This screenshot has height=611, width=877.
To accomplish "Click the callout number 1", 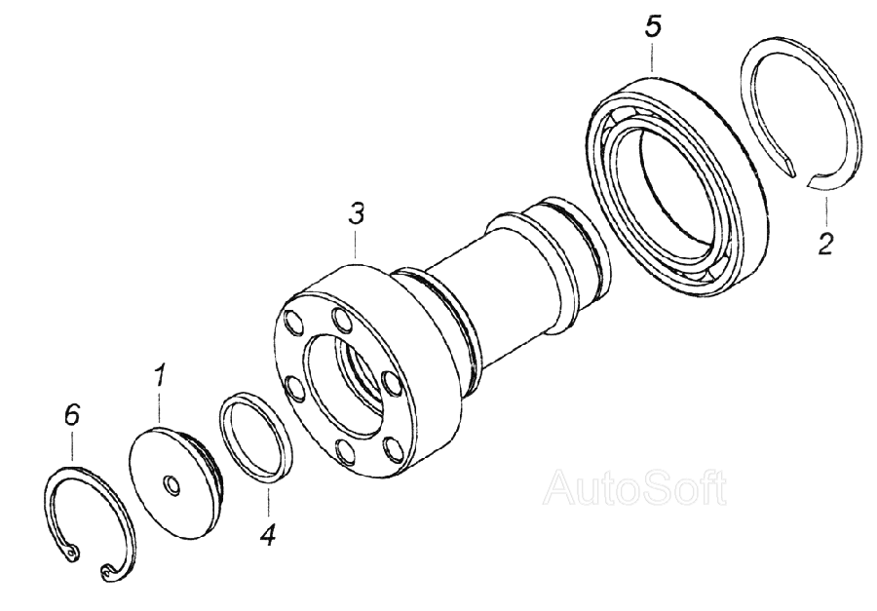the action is tap(159, 376).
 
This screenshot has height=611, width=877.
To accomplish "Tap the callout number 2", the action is tap(825, 244).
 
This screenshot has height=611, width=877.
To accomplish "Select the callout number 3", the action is tap(356, 213).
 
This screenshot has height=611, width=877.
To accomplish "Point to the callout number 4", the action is tap(268, 536).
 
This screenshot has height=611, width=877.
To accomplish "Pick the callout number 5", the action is tap(653, 27).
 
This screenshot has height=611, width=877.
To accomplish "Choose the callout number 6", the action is tap(72, 415).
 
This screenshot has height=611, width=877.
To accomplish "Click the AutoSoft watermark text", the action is tap(636, 488).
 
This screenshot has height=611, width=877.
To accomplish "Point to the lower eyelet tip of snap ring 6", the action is tap(107, 571).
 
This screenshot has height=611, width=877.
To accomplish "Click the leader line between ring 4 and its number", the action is tap(269, 501).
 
